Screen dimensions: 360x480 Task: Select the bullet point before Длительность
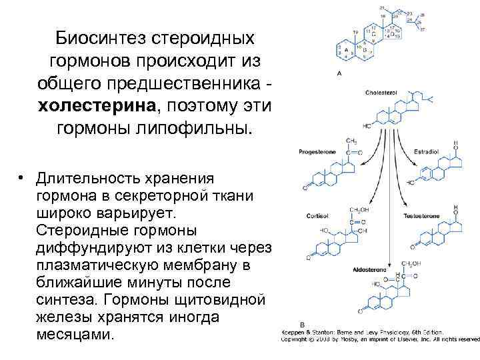(23, 179)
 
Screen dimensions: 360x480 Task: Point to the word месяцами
(76, 334)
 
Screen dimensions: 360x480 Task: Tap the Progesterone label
(317, 152)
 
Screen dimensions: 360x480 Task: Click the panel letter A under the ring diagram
(341, 72)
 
